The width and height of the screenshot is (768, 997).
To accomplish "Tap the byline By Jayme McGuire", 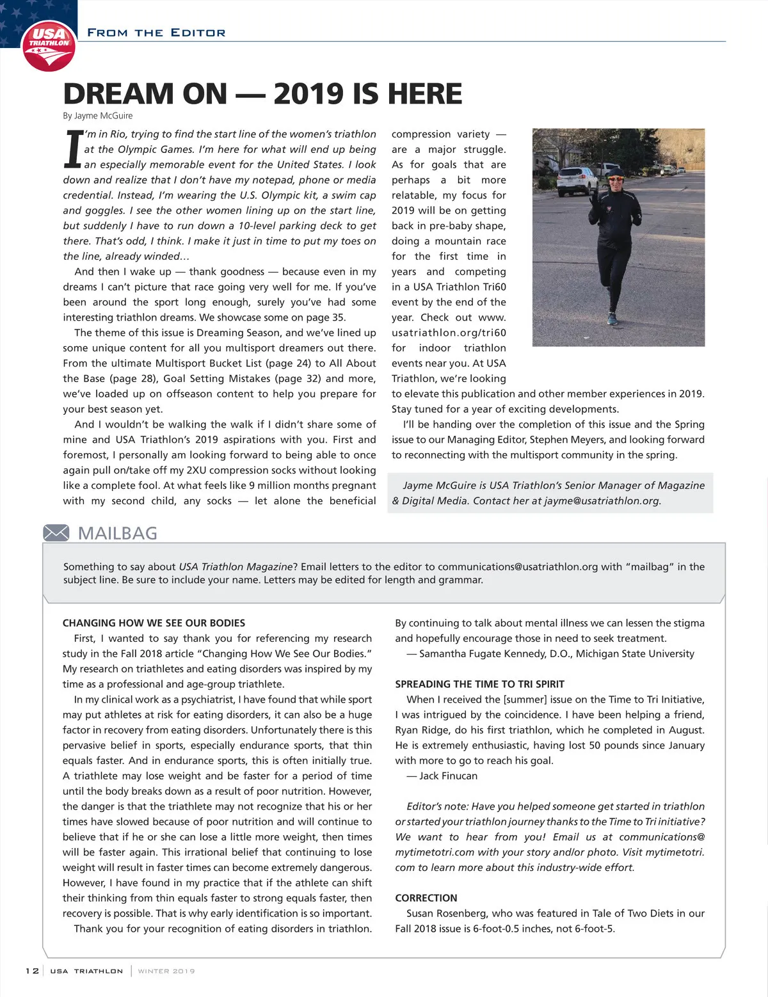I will (98, 116).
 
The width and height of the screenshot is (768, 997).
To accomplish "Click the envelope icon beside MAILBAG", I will (56, 532).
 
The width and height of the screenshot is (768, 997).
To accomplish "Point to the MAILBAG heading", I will (117, 533).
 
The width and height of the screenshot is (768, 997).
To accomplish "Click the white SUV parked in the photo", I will (577, 180).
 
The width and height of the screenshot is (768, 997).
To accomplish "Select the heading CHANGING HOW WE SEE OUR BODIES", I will (154, 623).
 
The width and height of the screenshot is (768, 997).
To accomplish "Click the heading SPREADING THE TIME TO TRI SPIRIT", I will (479, 684).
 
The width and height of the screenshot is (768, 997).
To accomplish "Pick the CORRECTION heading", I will (426, 898).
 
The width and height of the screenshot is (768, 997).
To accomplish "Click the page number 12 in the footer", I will (32, 971).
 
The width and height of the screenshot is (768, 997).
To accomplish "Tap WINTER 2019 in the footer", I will (166, 971).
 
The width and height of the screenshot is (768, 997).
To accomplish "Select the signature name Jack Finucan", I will (448, 776).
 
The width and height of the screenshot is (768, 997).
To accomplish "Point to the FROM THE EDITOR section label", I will (156, 33).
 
